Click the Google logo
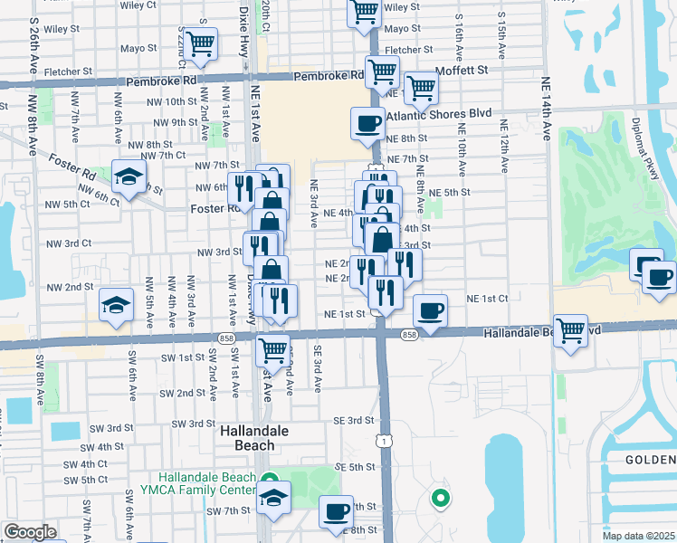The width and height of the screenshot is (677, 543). pyautogui.click(x=30, y=532)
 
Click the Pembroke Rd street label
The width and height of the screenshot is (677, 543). pyautogui.click(x=162, y=81)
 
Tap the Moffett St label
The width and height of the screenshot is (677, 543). pyautogui.click(x=461, y=69)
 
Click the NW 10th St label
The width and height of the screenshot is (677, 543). pyautogui.click(x=162, y=101)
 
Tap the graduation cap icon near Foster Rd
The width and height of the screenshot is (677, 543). pyautogui.click(x=129, y=176)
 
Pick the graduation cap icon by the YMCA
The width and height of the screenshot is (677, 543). pyautogui.click(x=273, y=497)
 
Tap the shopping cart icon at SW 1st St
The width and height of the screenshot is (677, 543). pyautogui.click(x=272, y=348)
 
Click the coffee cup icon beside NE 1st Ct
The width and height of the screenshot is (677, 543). pyautogui.click(x=430, y=310)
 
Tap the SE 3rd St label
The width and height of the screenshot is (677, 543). pyautogui.click(x=353, y=420)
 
